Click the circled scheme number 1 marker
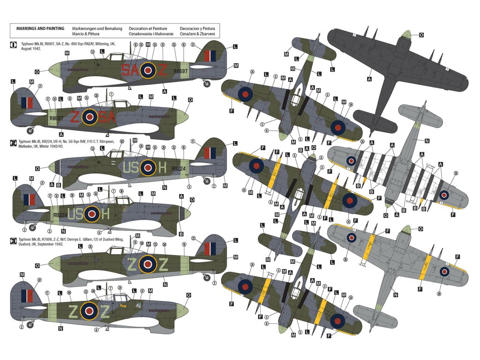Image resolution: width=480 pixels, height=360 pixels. point(13,45)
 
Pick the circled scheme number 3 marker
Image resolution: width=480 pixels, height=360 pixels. point(13,240)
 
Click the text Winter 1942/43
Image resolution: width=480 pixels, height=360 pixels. point(55,146)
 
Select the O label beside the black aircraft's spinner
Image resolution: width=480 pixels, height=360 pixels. point(421,35)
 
